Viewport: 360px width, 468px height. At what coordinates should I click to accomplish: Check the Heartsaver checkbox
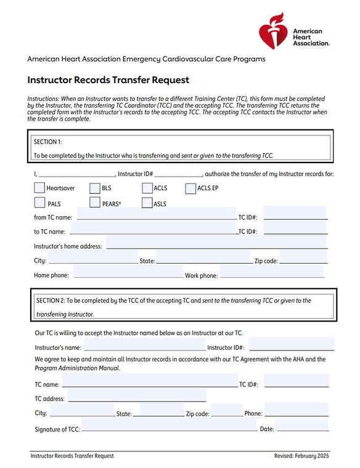point(39,188)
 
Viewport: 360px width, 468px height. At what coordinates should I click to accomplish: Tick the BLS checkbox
point(95,188)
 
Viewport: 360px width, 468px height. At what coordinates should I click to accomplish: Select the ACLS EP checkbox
point(190,188)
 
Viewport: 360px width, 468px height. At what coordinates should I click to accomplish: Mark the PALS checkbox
point(39,203)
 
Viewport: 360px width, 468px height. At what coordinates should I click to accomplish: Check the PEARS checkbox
point(95,203)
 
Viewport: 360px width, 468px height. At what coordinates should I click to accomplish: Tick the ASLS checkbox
point(147,203)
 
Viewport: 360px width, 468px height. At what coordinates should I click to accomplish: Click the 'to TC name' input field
point(154,231)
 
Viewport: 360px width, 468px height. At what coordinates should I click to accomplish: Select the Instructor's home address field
point(216,246)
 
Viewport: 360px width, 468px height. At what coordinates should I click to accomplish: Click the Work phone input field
point(271,275)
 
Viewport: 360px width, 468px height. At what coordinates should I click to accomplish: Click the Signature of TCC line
point(169,428)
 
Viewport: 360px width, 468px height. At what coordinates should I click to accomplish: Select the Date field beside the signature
point(301,428)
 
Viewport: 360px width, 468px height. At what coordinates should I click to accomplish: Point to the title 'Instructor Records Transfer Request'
point(108,80)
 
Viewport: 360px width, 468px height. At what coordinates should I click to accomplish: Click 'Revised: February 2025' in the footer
point(302,456)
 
